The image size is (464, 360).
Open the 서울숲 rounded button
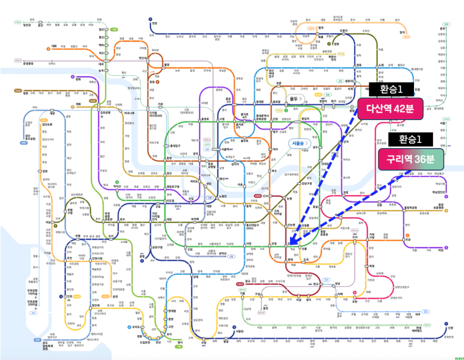tap(300, 143)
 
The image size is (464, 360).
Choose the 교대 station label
tap(274, 243)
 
